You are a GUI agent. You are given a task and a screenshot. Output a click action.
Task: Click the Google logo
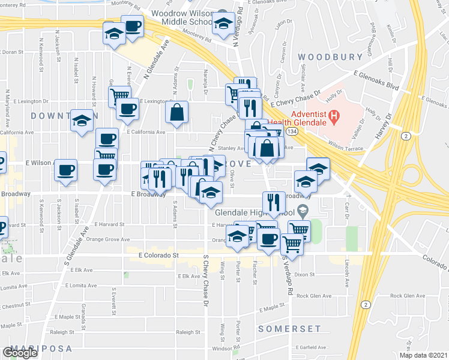20,353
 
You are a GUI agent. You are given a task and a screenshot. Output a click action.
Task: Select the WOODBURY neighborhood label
330,58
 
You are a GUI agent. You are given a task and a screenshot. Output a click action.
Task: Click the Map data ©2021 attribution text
424,355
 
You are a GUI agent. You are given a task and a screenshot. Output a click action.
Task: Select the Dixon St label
305,274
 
